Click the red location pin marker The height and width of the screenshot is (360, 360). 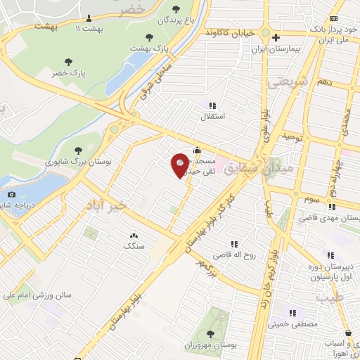(181, 166)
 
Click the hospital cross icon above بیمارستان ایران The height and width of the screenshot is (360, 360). (276, 38)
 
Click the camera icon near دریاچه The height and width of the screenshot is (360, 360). (11, 194)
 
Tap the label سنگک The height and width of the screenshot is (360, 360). (134, 246)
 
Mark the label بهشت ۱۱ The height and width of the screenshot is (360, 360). (89, 28)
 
